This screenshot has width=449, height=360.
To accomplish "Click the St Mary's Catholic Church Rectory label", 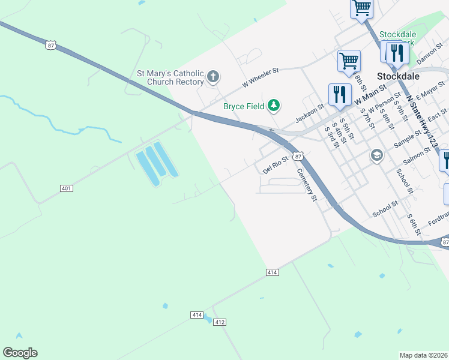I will [170, 77].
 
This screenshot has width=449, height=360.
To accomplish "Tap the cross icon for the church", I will [213, 77].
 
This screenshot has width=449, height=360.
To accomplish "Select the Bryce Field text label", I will [244, 106].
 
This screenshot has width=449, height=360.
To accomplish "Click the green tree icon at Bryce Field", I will [274, 106].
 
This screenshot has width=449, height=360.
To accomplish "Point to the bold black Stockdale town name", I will [397, 76].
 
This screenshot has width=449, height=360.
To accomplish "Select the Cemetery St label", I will [307, 184].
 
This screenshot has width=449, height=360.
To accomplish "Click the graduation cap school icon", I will [376, 156].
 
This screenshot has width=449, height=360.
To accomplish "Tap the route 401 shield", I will [67, 188].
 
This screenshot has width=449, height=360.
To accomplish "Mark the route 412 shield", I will [220, 322].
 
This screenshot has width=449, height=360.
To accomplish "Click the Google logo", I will [20, 353].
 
